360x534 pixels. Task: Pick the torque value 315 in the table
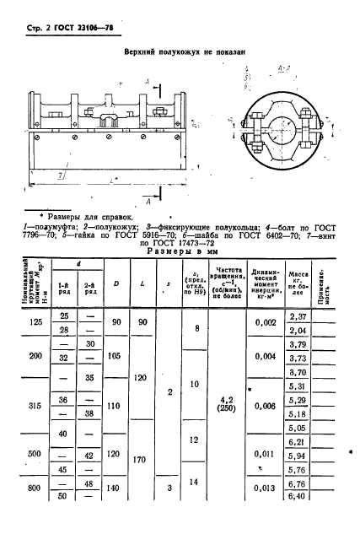point(35,404)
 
